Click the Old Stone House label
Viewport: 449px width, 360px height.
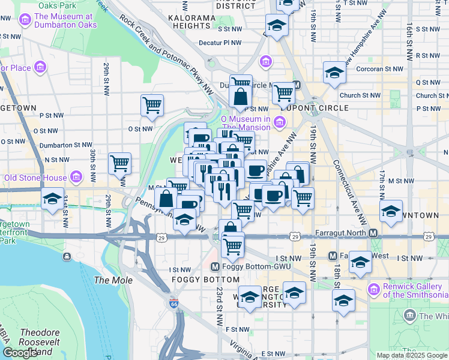35,178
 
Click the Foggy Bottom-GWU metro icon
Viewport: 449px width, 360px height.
215,266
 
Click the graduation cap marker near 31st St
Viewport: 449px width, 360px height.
52,197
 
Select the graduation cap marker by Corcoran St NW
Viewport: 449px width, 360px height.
334,73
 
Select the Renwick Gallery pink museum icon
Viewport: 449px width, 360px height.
373,290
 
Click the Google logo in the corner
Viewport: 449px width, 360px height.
20,353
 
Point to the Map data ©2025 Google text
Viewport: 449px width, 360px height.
412,355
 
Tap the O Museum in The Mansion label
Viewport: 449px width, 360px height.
247,122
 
